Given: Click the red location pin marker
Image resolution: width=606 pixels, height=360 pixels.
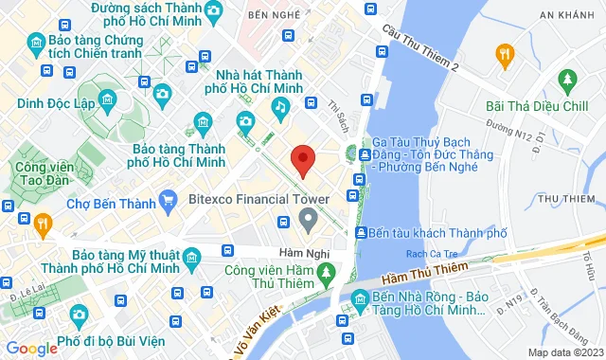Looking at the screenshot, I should (302, 161).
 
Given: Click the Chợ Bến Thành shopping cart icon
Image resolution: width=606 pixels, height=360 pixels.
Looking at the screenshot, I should (169, 199).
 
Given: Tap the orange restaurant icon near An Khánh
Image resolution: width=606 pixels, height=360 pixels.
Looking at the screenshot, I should (504, 53).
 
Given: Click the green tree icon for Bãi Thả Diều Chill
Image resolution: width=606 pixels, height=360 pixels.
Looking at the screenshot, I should (568, 79).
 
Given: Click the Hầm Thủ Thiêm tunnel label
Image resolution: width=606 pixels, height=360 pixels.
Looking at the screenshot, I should (425, 274).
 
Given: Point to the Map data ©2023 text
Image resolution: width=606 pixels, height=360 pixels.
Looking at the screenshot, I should (563, 352).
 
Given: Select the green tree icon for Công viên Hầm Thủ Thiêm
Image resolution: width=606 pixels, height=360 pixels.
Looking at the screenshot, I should (327, 273).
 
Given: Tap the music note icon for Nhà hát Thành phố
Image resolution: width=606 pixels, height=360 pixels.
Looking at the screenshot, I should (280, 108).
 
